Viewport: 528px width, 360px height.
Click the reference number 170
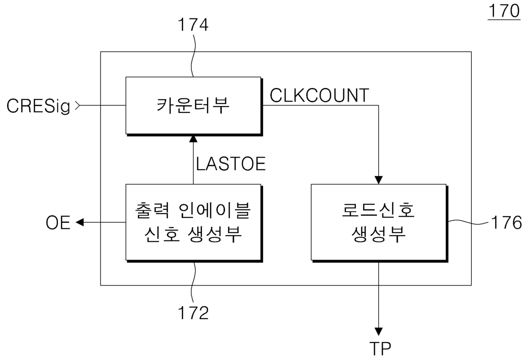(504, 11)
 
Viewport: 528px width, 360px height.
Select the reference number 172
(193, 312)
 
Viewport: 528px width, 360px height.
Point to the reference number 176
(505, 223)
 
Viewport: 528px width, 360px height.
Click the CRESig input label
(38, 106)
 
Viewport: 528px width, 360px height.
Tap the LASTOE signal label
(231, 164)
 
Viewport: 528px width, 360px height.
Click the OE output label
(58, 223)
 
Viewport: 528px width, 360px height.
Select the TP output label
(379, 348)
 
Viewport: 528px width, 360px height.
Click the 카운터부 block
(193, 106)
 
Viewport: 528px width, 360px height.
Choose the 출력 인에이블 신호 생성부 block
(193, 222)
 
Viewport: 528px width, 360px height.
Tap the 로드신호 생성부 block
(379, 222)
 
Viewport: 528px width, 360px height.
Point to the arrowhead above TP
(379, 331)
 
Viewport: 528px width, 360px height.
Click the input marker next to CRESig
(77, 106)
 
